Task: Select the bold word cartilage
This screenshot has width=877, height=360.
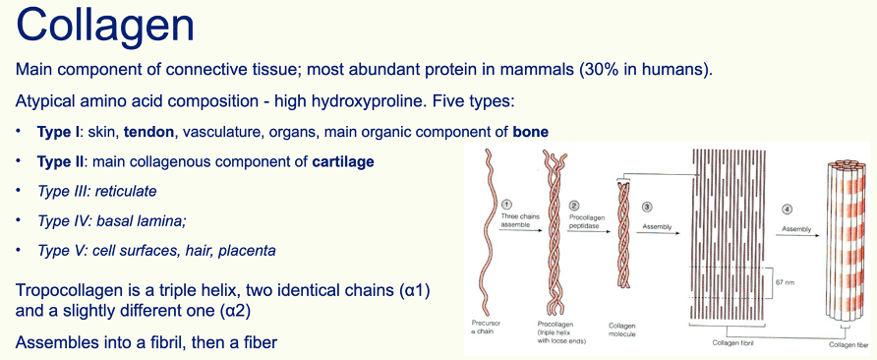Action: [343, 162]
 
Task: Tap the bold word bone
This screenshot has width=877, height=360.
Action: [531, 132]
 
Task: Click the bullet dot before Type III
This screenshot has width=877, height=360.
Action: [19, 190]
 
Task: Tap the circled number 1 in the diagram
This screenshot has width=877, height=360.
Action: [506, 205]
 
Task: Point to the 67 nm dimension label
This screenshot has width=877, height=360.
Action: [783, 282]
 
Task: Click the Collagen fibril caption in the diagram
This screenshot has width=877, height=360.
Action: [729, 343]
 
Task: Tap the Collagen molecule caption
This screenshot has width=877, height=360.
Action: [622, 330]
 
